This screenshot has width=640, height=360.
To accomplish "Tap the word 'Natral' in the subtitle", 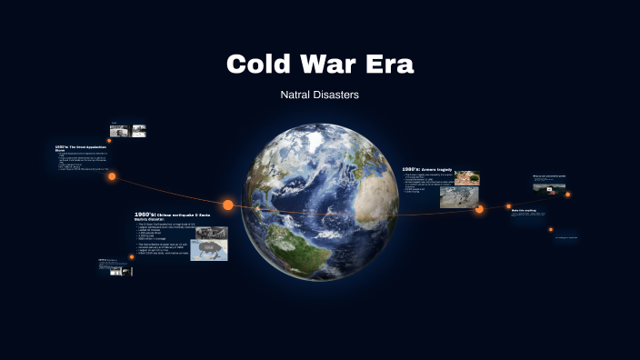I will coord(299,94).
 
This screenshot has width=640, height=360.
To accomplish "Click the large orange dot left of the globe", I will coord(228,205).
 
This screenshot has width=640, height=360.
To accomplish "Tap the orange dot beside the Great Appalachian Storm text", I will coord(112,176).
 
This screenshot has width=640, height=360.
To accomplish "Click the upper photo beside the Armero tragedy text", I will coord(467,177).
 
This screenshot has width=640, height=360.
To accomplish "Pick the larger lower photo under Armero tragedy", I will coord(459,197).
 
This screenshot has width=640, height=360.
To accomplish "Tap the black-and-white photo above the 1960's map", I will coord(211,232).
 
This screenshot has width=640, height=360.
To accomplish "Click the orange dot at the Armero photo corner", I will coord(479,209).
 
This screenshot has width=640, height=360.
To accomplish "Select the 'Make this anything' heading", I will coord(524,210).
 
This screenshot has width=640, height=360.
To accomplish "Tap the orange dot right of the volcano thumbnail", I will coord(568,194).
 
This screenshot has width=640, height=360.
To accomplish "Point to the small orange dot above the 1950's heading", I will coord(109,141).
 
